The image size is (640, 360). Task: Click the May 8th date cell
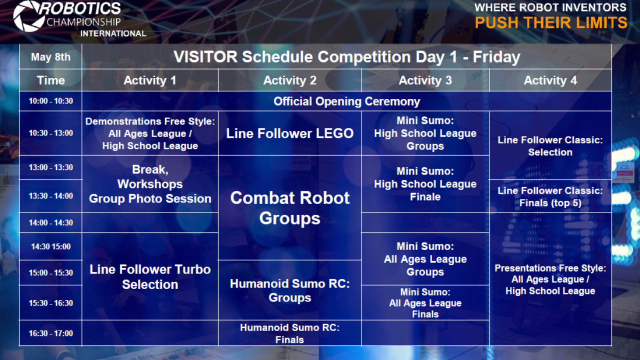pyautogui.click(x=50, y=57)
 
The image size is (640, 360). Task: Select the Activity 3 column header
pyautogui.click(x=425, y=80)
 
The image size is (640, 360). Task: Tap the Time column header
pyautogui.click(x=50, y=80)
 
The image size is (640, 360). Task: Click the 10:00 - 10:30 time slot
pyautogui.click(x=50, y=101)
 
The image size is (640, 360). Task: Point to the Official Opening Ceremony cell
pyautogui.click(x=346, y=101)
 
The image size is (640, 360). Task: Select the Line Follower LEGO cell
pyautogui.click(x=289, y=133)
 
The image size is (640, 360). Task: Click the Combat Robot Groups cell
pyautogui.click(x=289, y=208)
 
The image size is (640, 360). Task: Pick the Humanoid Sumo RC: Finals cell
pyautogui.click(x=289, y=333)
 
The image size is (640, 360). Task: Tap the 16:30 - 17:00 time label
pyautogui.click(x=50, y=333)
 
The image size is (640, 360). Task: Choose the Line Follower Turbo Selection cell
pyautogui.click(x=150, y=276)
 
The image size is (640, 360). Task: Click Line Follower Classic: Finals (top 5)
pyautogui.click(x=550, y=196)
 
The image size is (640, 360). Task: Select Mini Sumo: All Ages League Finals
pyautogui.click(x=425, y=303)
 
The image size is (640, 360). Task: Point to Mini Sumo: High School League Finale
pyautogui.click(x=425, y=184)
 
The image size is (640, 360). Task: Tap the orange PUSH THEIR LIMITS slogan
pyautogui.click(x=551, y=23)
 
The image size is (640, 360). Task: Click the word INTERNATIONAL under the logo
pyautogui.click(x=113, y=33)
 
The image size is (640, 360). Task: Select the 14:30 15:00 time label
pyautogui.click(x=50, y=246)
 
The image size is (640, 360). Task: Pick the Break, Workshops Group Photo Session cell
pyautogui.click(x=150, y=184)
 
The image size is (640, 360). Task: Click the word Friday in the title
pyautogui.click(x=496, y=57)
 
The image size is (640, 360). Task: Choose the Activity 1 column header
pyautogui.click(x=150, y=80)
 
